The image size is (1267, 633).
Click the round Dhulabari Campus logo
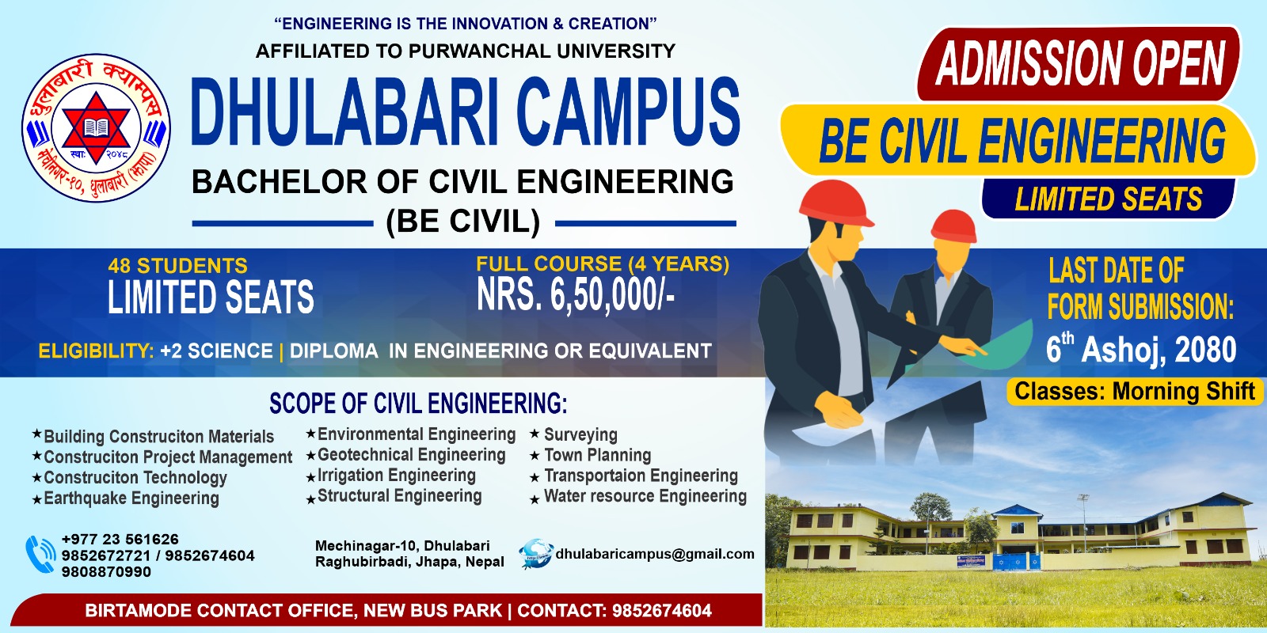coord(96,127)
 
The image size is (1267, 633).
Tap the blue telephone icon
coord(40,555)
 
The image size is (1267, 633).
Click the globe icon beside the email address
coord(535,553)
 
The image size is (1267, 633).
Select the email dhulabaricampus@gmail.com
coord(655,554)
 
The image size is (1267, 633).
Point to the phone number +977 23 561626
coord(120,539)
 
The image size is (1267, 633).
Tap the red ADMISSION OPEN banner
coord(1079,63)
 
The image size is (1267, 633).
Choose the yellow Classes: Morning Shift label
coord(1135,392)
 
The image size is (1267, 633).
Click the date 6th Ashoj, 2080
coord(1141,348)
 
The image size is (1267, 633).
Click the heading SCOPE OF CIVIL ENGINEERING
coord(418,404)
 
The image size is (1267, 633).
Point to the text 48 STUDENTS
coord(177,266)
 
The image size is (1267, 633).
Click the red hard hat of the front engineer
coord(835,203)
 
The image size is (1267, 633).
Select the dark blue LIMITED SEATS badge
coord(1108,199)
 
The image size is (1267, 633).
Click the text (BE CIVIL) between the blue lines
coord(463,221)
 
